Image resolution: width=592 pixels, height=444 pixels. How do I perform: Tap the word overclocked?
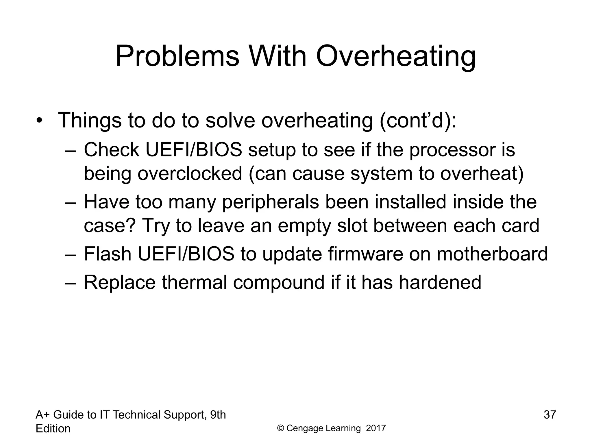click(x=190, y=173)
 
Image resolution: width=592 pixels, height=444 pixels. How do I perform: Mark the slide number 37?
click(x=550, y=415)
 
